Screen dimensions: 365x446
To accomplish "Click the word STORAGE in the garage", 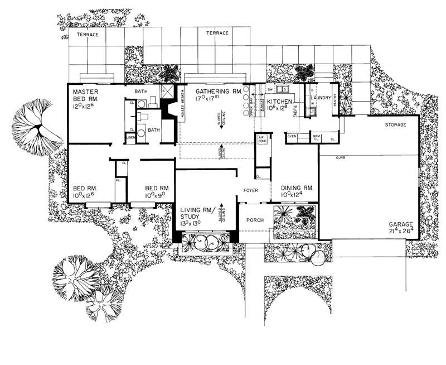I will (x=395, y=124).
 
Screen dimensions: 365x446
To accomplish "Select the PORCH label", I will (x=254, y=220).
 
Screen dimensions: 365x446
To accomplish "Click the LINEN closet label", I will (x=130, y=136).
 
